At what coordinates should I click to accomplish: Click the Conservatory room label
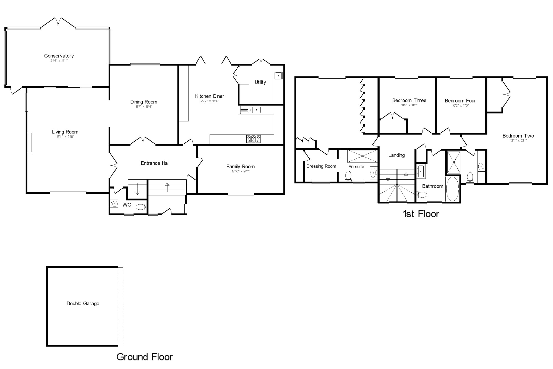coord(59,56)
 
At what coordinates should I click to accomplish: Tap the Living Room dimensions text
coord(65,137)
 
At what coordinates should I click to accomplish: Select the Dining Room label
coord(144,102)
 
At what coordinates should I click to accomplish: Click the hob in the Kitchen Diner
coord(253,139)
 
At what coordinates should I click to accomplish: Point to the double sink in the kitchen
coord(251,110)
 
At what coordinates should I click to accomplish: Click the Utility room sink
coord(278,75)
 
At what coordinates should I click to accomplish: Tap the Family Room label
coord(240,166)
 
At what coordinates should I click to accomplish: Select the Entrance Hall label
coord(155,163)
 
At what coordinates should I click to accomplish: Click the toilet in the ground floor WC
coord(141,207)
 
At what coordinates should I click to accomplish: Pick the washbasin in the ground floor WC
coord(114,204)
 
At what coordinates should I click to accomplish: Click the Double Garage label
coord(83,303)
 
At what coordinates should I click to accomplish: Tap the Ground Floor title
coord(144,357)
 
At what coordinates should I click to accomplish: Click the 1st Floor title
coord(421,214)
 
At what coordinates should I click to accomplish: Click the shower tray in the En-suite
coord(362,156)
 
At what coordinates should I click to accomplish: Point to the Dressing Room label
coord(321,166)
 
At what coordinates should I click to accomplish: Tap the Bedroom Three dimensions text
coord(409,105)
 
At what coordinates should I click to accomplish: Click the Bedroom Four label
coord(460,100)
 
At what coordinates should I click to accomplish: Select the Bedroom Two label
coord(518,136)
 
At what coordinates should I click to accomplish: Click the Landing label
coord(396,155)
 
